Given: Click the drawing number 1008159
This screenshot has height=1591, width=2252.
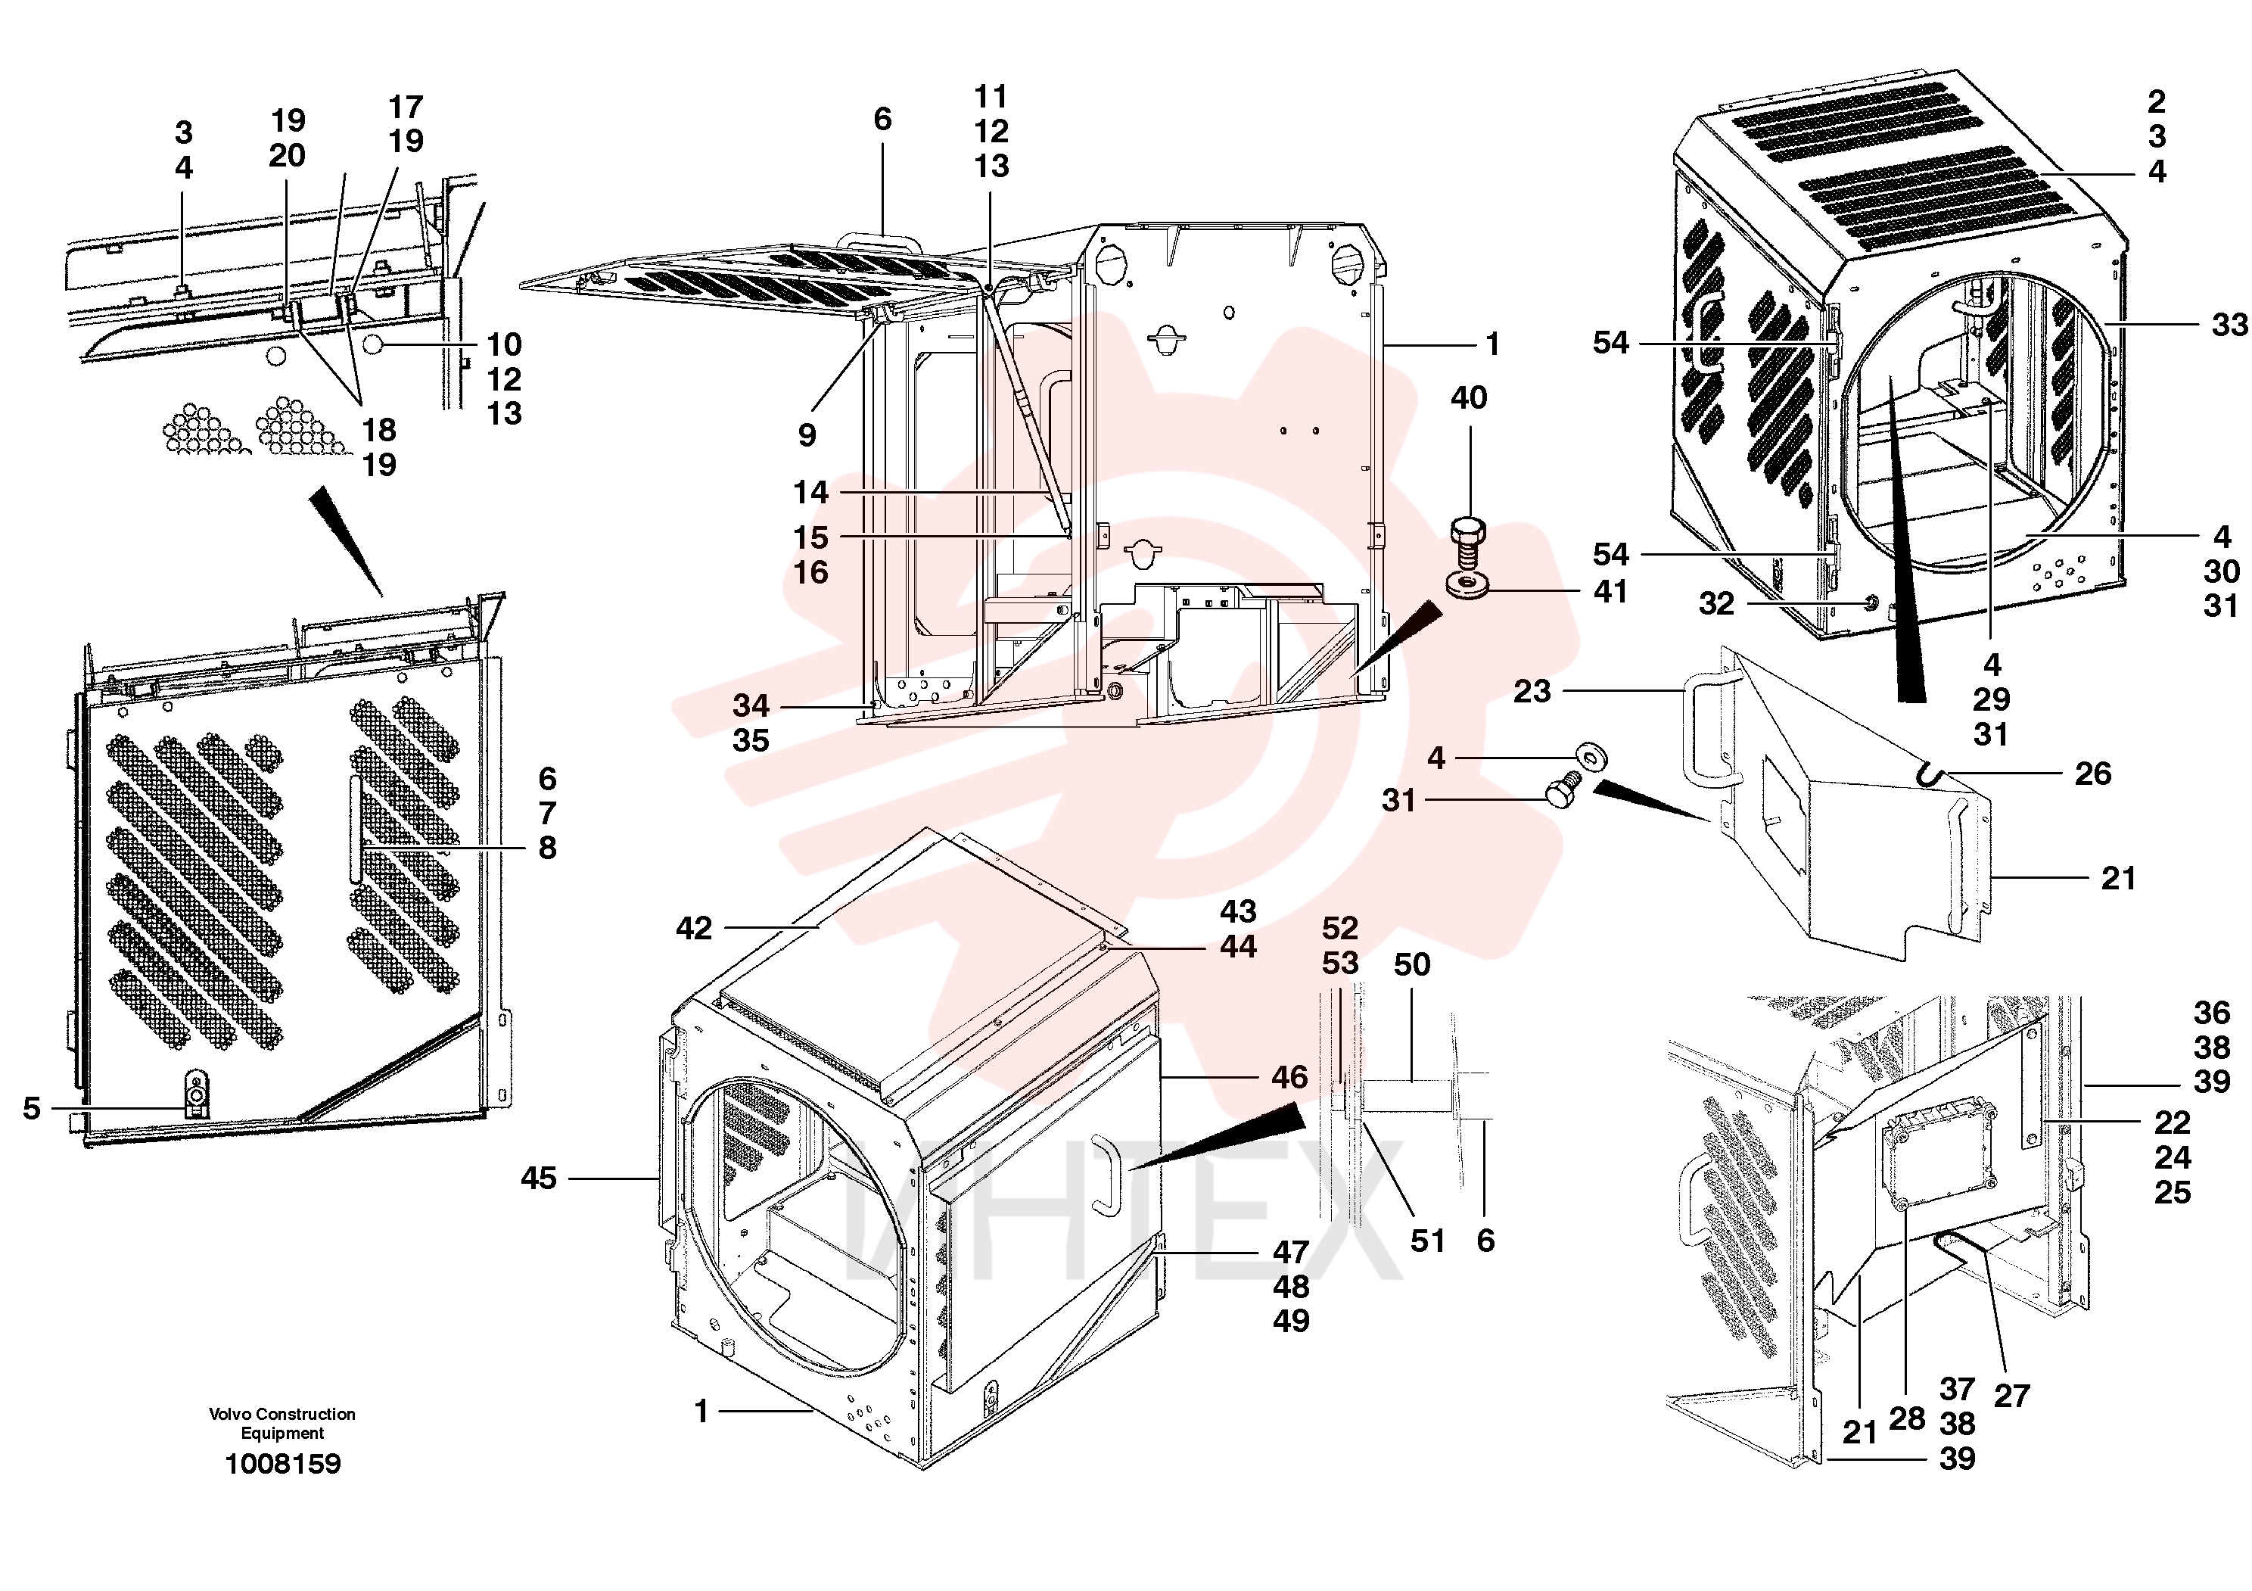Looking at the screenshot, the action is click(282, 1464).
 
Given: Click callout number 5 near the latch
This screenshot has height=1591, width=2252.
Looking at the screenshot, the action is click(33, 1108).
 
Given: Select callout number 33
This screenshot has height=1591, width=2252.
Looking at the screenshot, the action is click(2229, 324).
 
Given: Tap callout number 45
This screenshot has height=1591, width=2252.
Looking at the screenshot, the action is click(539, 1178).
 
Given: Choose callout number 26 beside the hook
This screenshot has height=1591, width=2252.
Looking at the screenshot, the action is click(2092, 774).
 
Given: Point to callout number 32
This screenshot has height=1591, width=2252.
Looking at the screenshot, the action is click(1716, 603).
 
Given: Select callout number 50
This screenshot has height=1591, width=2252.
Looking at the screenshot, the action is click(1411, 964).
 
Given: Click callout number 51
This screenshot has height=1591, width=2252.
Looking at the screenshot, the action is click(1427, 1241).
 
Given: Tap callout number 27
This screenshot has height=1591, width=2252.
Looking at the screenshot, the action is click(2011, 1396).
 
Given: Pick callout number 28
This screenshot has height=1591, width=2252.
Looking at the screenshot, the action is click(1907, 1418).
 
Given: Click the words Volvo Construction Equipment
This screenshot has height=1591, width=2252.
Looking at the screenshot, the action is click(282, 1423).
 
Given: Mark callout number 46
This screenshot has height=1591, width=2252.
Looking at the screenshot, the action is click(1289, 1077).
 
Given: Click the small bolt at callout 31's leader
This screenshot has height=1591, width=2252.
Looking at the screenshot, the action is click(1559, 792).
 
